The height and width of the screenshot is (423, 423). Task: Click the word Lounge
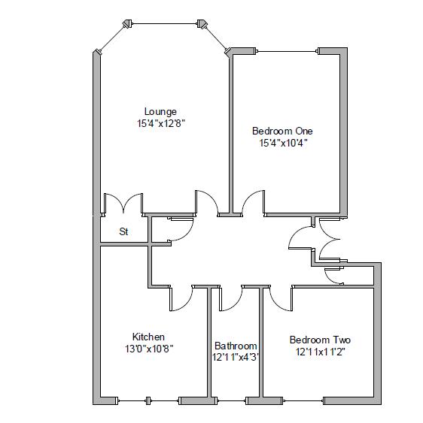tap(160, 112)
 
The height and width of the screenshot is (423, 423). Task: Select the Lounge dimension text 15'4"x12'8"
tap(160, 124)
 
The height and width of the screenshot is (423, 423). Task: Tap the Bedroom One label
tap(282, 131)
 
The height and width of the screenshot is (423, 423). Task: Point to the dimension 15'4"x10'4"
tap(283, 142)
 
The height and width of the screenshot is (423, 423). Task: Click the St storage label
tap(123, 232)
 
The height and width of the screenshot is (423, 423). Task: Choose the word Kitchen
tap(148, 337)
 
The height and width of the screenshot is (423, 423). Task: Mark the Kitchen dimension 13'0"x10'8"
tap(148, 349)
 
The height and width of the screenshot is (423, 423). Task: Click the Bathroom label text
tap(236, 346)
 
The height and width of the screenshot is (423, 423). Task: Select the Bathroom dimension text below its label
tap(236, 358)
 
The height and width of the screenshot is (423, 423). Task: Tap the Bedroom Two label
tap(320, 340)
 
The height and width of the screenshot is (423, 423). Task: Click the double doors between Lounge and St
tap(123, 204)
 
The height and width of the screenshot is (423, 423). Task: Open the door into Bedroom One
tap(252, 203)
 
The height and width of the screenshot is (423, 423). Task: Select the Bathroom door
tap(230, 298)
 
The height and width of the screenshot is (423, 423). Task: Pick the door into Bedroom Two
tap(281, 298)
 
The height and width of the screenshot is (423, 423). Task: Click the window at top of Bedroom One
tap(289, 51)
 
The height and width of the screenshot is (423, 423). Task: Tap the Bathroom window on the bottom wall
tap(229, 399)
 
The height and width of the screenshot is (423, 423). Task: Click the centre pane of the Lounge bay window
tap(165, 23)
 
